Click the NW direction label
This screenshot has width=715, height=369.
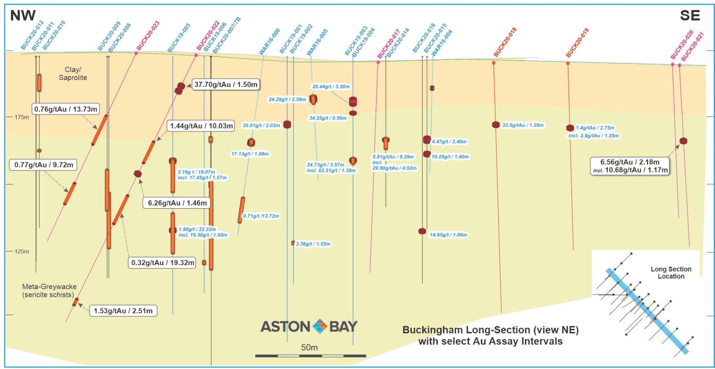click(23, 15)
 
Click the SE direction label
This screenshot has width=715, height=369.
click(690, 15)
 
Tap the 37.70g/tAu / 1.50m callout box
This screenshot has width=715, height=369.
click(226, 85)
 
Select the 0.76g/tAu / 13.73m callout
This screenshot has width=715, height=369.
click(66, 109)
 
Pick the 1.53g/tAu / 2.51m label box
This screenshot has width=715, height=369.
click(123, 311)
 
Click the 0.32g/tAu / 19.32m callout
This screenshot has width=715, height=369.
click(162, 263)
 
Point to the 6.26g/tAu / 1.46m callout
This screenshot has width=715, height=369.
click(177, 203)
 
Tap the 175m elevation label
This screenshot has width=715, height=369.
click(22, 117)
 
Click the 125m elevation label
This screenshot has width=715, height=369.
click(22, 251)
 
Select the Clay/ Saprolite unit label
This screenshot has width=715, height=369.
click(73, 74)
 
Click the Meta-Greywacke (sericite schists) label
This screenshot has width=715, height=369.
click(49, 290)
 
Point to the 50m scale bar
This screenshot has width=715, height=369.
click(310, 356)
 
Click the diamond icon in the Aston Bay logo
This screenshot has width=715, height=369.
click(320, 326)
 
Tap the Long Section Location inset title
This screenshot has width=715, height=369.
click(671, 273)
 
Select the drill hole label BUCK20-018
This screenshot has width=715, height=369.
click(505, 42)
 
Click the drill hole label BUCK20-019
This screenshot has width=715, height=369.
click(577, 43)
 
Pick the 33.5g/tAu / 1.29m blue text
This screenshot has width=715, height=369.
click(523, 125)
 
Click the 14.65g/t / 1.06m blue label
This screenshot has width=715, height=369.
click(448, 235)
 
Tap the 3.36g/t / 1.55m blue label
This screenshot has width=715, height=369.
click(313, 244)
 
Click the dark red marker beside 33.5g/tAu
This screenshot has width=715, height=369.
click(496, 125)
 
